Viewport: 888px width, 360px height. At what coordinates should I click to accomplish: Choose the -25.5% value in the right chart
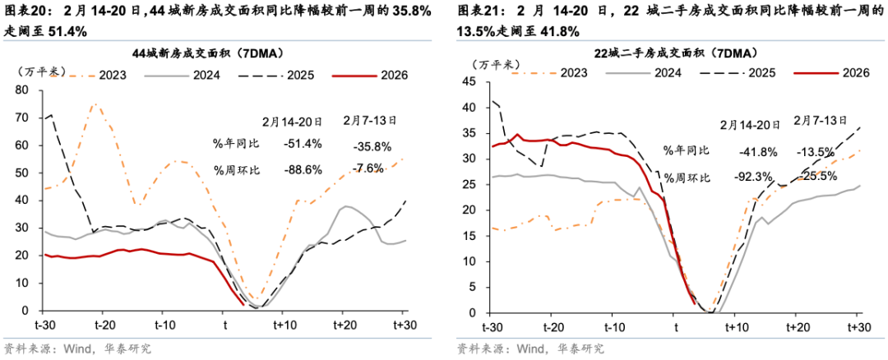816,176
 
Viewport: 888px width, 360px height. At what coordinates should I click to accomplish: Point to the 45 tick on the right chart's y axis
470,81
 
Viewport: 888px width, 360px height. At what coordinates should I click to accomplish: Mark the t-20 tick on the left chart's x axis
102,325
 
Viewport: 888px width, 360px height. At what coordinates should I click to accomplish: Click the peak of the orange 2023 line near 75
95,104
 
